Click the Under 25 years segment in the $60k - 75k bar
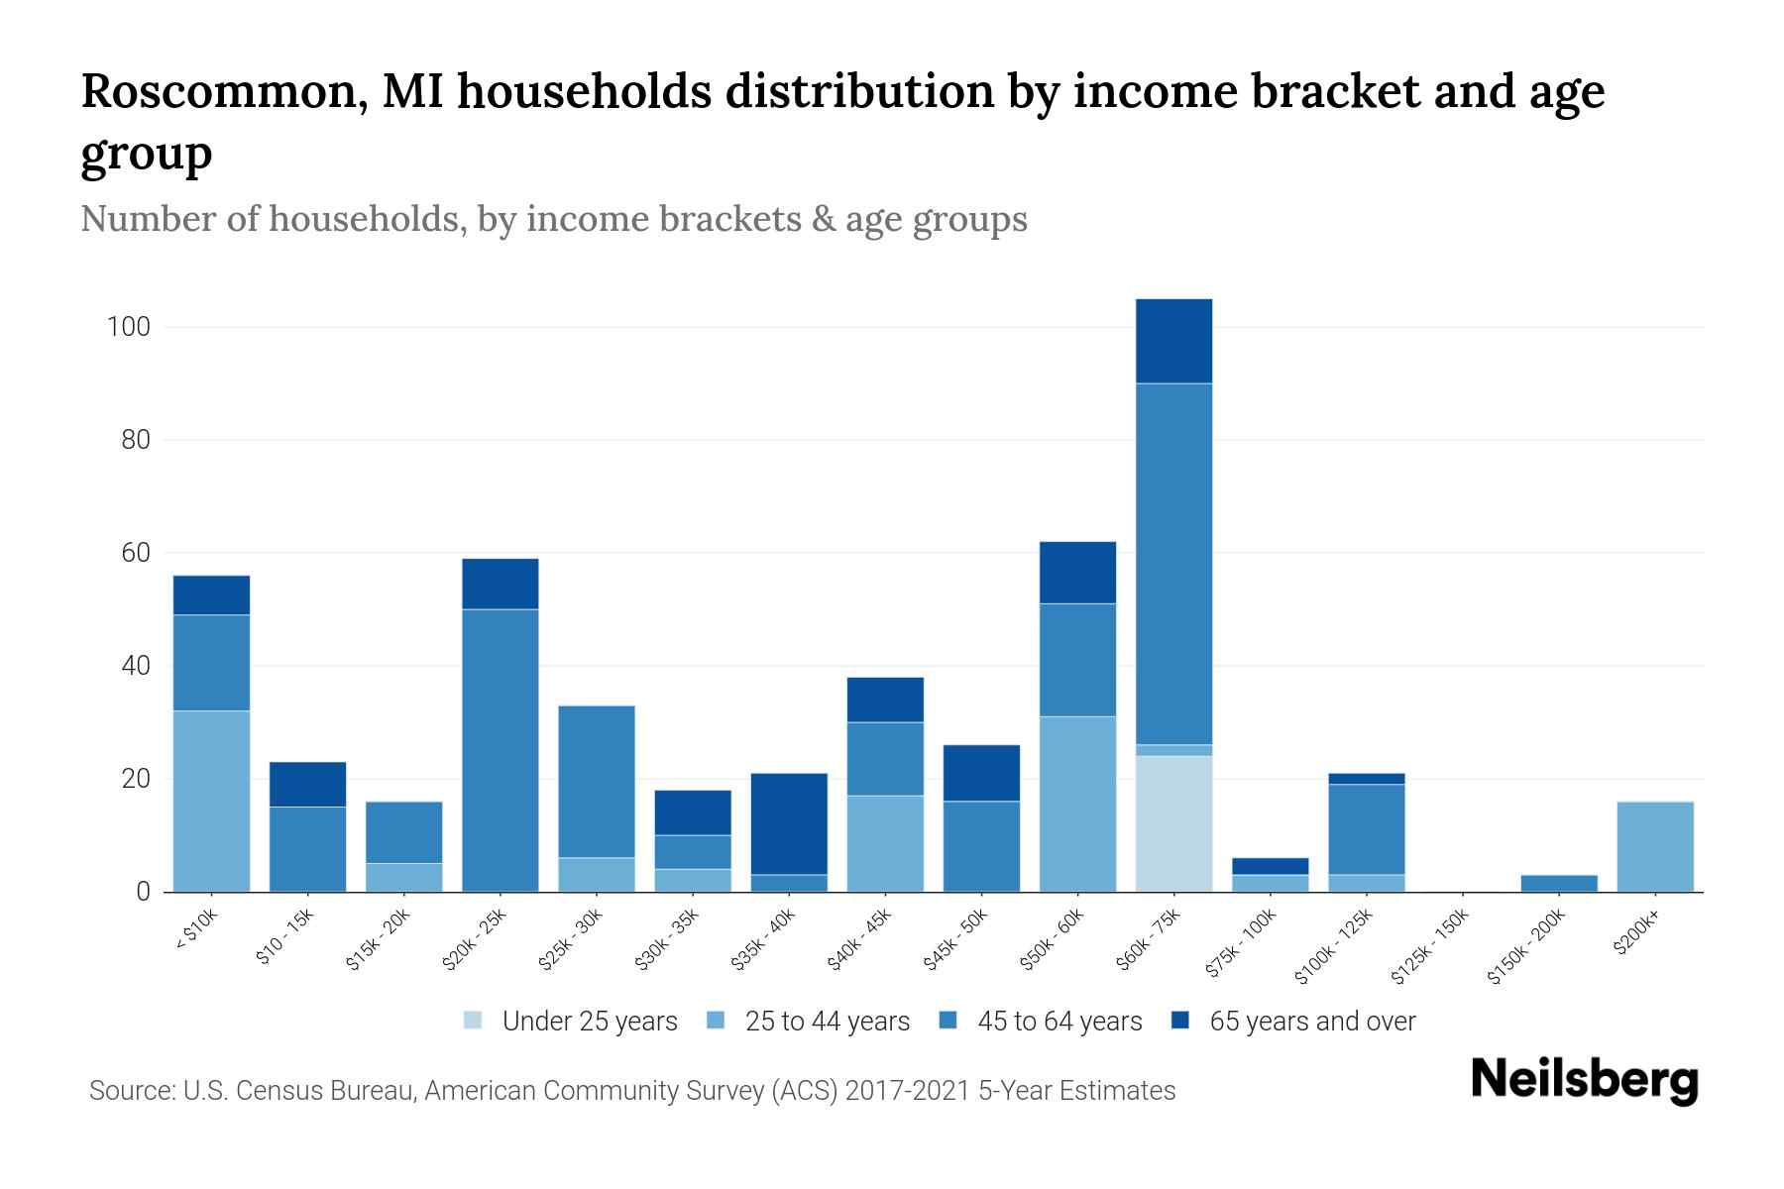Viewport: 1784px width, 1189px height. tap(1173, 823)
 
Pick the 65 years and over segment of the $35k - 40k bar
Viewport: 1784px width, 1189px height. tap(789, 823)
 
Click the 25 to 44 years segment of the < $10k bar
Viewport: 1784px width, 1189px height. tap(211, 801)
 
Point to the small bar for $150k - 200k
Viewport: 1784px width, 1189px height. tap(1559, 883)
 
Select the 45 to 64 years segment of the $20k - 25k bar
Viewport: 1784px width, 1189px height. tap(501, 750)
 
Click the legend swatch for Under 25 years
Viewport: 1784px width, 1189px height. tap(474, 1021)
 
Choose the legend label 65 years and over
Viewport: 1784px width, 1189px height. tap(1312, 1022)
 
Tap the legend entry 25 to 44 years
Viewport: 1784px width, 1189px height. tap(827, 1022)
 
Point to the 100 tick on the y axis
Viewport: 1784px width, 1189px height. tap(128, 327)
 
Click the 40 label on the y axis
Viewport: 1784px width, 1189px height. tap(136, 666)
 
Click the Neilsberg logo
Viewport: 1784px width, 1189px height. tap(1584, 1080)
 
